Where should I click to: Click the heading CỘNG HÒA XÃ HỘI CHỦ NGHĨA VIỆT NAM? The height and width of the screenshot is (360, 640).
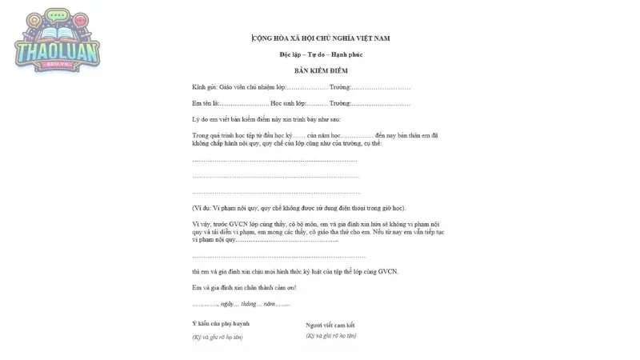320,38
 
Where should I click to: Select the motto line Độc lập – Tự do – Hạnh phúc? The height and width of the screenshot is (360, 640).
320,54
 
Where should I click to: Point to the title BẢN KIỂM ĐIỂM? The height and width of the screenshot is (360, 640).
320,70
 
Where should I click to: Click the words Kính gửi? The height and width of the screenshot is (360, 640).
205,86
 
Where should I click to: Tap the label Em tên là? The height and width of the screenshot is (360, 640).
205,103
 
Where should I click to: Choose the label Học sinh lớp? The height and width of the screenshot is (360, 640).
288,103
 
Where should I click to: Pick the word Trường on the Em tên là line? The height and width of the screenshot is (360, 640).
339,103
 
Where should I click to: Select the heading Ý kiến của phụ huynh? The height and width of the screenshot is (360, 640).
221,323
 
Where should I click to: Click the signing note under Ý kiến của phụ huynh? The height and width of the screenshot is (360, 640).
218,337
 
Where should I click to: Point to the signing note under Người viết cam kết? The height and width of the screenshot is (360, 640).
331,335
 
